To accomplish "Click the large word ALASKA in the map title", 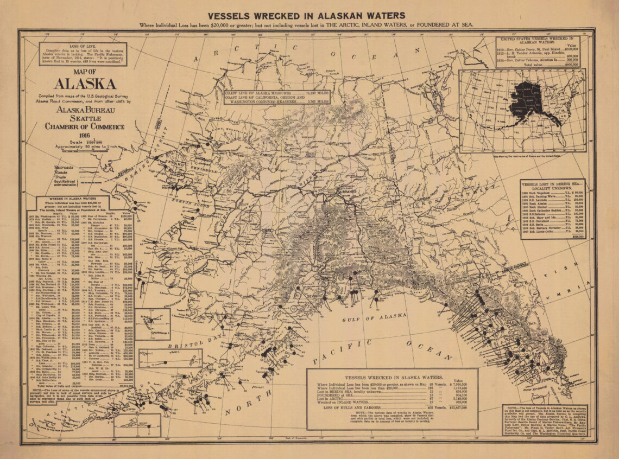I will point(85,84).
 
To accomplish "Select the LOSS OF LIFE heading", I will point(83,47).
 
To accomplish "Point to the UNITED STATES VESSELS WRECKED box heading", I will point(537,41).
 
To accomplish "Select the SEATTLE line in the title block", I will point(85,118).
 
